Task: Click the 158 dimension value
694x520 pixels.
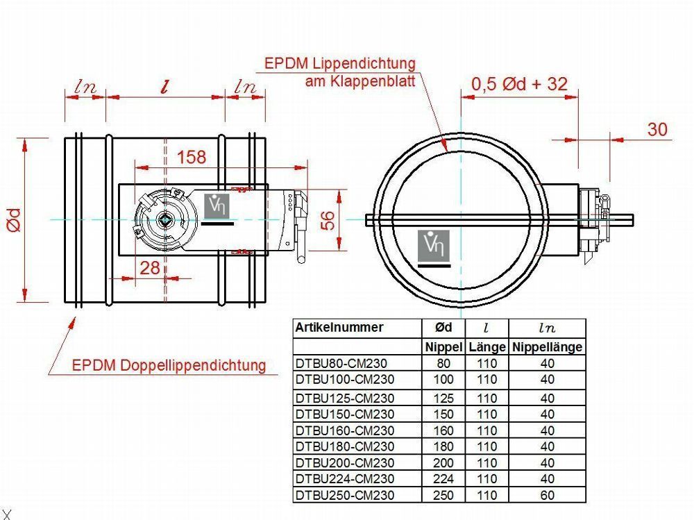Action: click(x=192, y=158)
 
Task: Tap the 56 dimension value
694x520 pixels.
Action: click(x=328, y=220)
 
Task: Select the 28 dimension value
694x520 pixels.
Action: click(x=150, y=267)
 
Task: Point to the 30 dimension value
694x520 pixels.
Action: click(x=657, y=129)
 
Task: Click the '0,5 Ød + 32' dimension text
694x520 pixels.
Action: click(x=519, y=85)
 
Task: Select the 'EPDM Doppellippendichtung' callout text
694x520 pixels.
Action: click(x=169, y=365)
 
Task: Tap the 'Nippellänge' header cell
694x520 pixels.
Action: click(x=548, y=346)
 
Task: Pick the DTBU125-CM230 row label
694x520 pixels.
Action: click(x=345, y=398)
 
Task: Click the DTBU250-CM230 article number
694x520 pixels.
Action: click(x=345, y=496)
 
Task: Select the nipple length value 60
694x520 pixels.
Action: click(x=548, y=496)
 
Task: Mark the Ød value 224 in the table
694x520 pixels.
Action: click(x=443, y=479)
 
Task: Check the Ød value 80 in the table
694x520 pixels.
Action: click(x=443, y=363)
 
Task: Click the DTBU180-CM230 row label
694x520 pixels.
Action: click(x=345, y=446)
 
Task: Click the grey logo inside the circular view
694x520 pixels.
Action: click(x=434, y=247)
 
